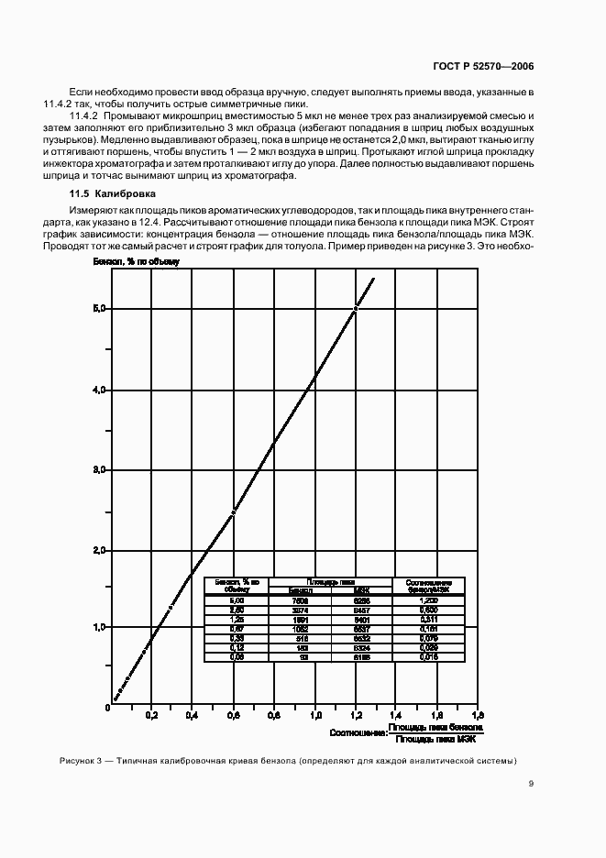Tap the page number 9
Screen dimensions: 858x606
click(532, 784)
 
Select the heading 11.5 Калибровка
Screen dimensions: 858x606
click(114, 194)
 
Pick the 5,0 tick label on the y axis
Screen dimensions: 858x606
click(101, 309)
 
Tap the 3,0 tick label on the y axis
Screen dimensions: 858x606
click(101, 469)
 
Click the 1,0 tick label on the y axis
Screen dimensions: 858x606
click(101, 627)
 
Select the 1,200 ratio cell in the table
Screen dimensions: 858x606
click(429, 600)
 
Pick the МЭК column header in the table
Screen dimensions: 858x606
click(360, 590)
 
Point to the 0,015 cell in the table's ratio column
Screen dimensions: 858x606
click(429, 657)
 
